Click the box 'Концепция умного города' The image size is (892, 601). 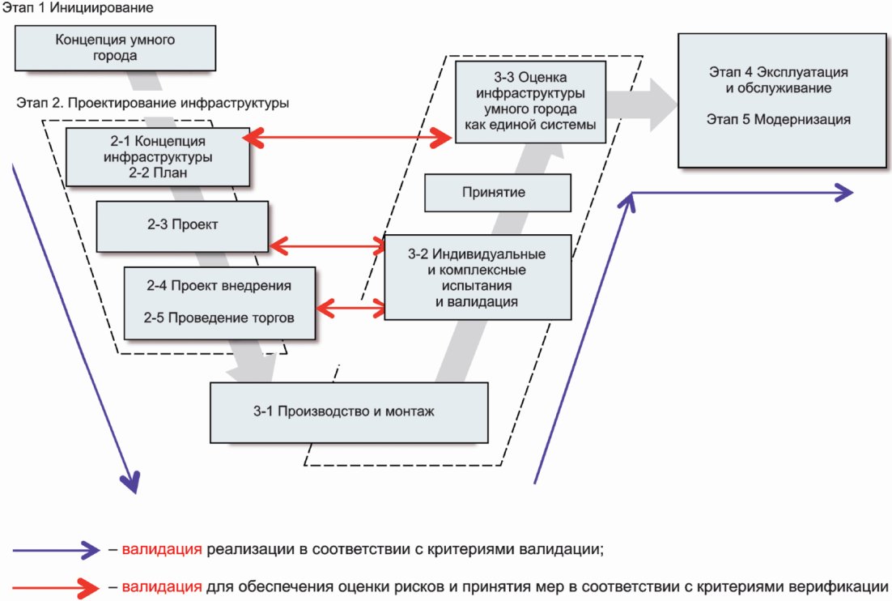[x=115, y=48]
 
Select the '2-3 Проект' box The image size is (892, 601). [x=182, y=225]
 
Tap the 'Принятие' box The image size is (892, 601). [x=498, y=193]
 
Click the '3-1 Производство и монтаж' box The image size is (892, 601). [x=349, y=411]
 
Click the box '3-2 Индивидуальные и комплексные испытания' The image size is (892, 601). [x=478, y=277]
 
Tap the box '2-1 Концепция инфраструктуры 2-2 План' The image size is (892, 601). [x=159, y=156]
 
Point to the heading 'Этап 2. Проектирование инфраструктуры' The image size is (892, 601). [x=153, y=104]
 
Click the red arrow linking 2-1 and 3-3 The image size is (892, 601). [x=348, y=139]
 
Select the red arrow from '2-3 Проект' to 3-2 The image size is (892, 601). [x=327, y=243]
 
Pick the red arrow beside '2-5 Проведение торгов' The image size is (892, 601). [x=350, y=307]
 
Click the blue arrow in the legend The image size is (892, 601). [x=55, y=550]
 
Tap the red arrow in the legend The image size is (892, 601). [x=55, y=586]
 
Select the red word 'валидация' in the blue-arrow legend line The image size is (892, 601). [x=161, y=550]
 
